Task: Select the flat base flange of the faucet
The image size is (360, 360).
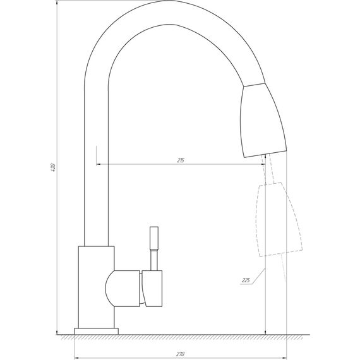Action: [97, 330]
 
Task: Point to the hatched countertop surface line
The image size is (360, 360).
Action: [189, 335]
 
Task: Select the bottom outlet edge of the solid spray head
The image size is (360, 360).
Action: [265, 153]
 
